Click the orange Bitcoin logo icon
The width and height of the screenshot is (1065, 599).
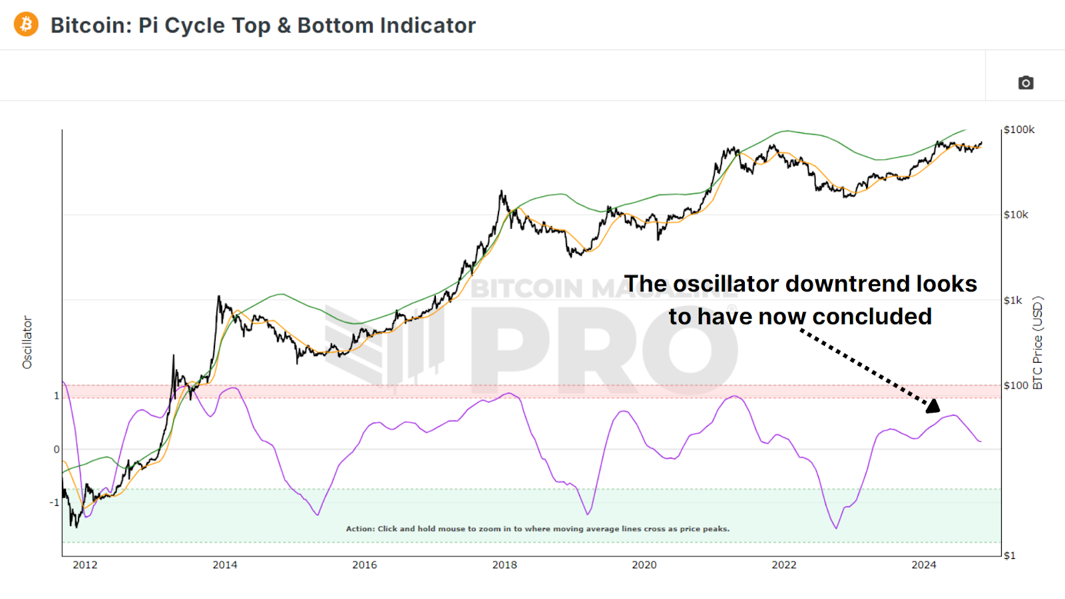[x=26, y=25]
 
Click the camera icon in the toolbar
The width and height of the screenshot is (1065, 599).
[x=1026, y=83]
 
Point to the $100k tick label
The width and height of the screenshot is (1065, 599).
[x=1019, y=130]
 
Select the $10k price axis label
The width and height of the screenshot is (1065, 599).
[x=1016, y=214]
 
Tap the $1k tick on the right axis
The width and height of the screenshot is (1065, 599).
[x=1012, y=300]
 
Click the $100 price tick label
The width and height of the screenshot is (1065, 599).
[x=1016, y=385]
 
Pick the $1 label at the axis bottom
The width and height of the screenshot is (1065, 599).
[x=1009, y=556]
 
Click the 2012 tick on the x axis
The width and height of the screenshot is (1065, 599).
[x=85, y=565]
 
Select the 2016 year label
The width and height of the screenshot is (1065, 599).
[x=364, y=565]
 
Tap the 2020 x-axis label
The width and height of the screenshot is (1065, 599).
[x=644, y=565]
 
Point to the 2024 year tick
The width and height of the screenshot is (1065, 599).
[x=923, y=565]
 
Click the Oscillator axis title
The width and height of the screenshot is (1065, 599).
[x=27, y=342]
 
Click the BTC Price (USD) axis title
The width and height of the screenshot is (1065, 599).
[x=1038, y=342]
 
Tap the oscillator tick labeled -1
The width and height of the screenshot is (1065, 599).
[x=55, y=502]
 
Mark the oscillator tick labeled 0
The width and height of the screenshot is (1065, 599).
[x=57, y=449]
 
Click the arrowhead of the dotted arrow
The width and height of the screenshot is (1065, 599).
[x=933, y=405]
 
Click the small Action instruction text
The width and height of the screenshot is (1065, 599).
[x=537, y=529]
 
